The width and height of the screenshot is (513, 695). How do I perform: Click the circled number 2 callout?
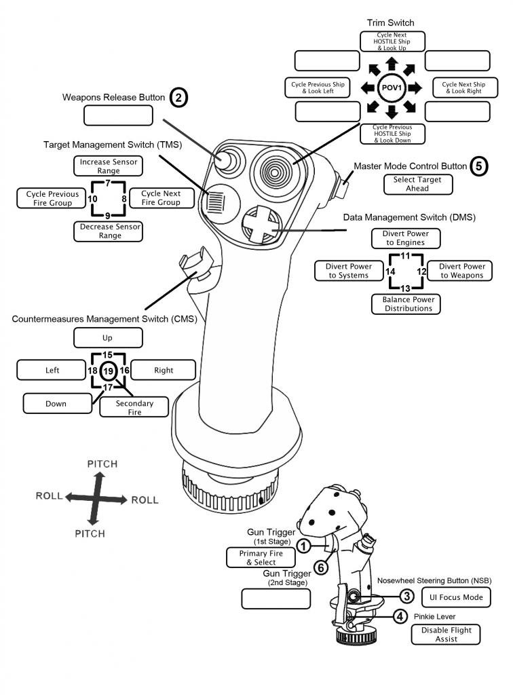178,98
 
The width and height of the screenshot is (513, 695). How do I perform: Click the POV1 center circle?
391,88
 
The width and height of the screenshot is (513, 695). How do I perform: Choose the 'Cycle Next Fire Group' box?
160,198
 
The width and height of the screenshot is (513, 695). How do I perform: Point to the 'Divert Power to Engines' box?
406,238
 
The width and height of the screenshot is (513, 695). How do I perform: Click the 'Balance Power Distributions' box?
406,303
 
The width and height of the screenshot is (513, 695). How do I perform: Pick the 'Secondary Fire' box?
134,407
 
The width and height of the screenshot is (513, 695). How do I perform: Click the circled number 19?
109,371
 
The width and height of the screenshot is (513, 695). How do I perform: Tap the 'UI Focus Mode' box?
455,597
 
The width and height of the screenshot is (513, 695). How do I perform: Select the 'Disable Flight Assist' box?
445,635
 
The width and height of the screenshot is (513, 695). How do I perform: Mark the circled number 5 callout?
479,166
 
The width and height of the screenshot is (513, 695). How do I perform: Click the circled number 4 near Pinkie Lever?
401,617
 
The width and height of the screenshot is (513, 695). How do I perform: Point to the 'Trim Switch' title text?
391,23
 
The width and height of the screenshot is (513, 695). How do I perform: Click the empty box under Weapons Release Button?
118,115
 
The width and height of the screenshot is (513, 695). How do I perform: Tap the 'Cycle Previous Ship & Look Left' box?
317,88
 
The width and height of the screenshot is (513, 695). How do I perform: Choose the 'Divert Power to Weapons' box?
461,271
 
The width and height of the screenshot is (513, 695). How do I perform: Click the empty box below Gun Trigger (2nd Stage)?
276,598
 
